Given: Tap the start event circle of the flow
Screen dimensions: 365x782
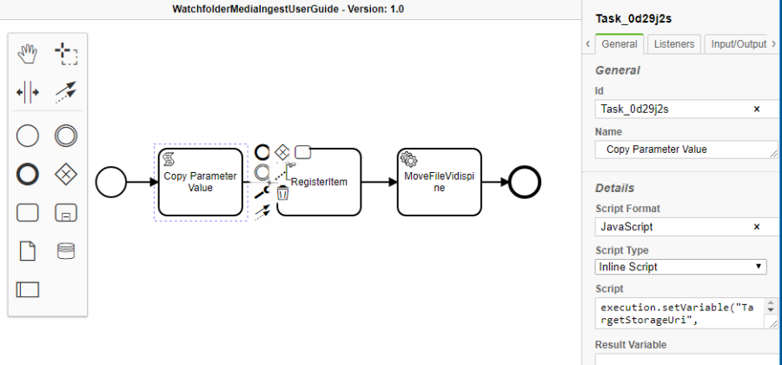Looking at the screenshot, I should click(109, 182).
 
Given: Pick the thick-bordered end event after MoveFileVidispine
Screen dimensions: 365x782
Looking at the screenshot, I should click(525, 182).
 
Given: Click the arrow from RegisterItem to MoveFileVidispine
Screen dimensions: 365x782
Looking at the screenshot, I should click(379, 182).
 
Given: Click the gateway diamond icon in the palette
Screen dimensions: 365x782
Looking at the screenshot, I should click(66, 174).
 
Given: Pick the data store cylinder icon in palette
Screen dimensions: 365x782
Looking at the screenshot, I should click(66, 251).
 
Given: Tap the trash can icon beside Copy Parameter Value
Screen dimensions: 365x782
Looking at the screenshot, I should click(282, 192).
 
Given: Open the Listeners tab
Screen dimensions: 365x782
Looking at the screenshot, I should click(673, 43).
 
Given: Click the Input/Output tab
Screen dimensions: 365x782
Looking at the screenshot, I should click(739, 43).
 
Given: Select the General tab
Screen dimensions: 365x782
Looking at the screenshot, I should click(620, 43).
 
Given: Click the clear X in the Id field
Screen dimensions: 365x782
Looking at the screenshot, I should click(756, 109).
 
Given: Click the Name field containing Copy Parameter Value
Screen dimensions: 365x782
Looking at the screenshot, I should click(682, 149).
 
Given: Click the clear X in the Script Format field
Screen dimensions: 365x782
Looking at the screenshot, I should click(756, 227).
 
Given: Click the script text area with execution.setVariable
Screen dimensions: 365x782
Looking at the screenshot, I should click(678, 315).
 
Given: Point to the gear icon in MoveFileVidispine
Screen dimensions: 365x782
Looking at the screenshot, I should click(408, 159).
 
